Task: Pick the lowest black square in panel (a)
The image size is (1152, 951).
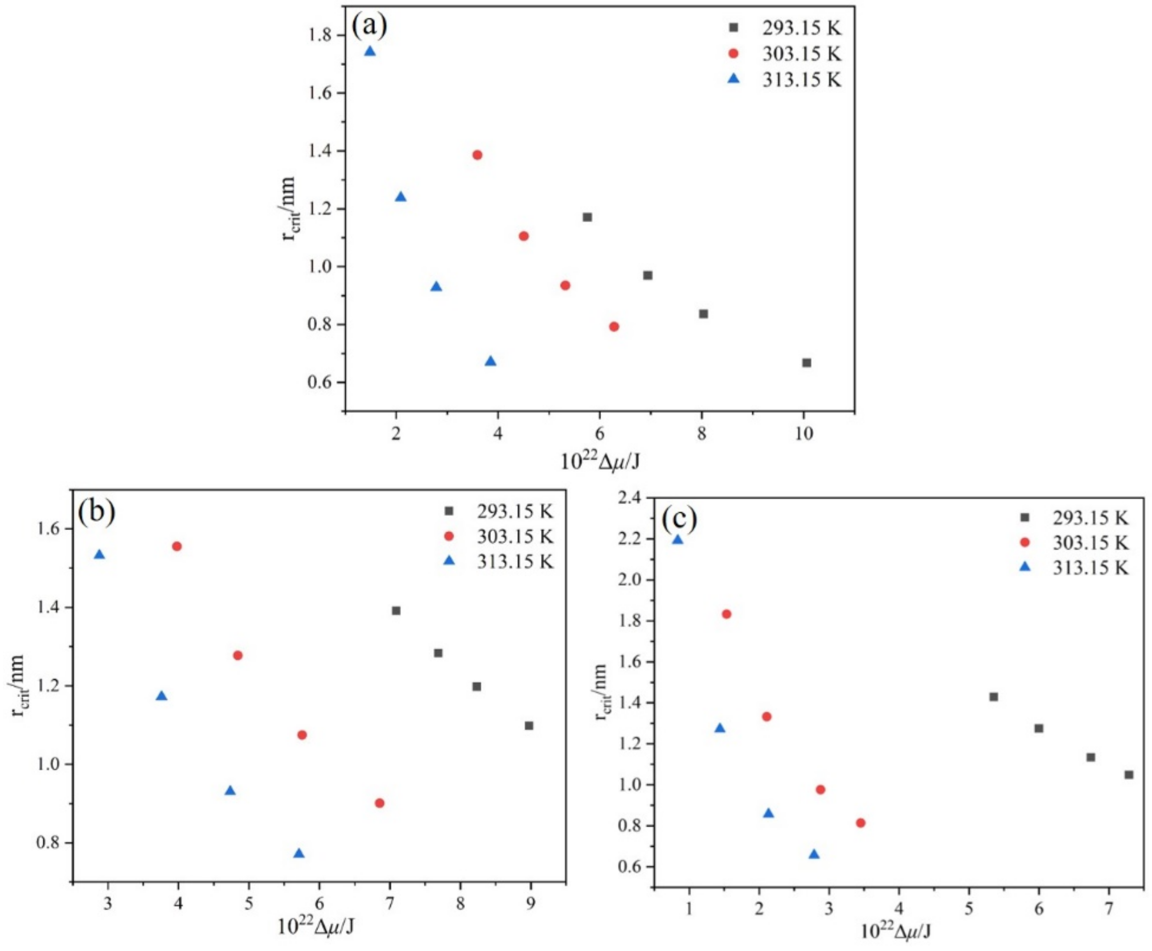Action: [x=806, y=363]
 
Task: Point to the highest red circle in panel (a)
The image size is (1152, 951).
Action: [x=477, y=155]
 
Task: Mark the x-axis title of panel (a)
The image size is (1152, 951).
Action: [x=600, y=462]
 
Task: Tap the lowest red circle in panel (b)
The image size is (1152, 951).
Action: [x=379, y=803]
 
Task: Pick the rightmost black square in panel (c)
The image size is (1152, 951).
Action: [x=1129, y=775]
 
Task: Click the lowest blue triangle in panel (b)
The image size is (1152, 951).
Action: [x=298, y=854]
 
